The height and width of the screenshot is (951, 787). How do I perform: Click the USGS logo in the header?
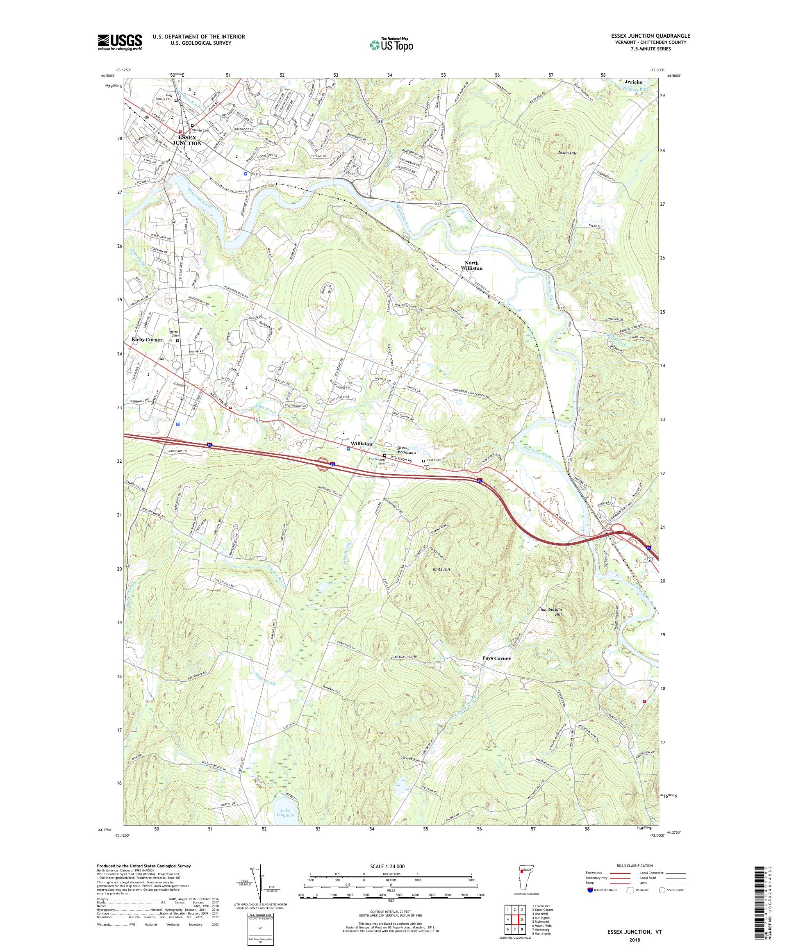[x=120, y=43]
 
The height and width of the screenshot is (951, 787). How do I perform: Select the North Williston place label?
[x=471, y=265]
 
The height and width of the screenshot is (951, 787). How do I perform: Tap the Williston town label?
[x=361, y=444]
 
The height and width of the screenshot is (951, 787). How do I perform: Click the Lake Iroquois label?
[x=287, y=812]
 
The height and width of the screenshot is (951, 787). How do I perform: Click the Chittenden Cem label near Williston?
[x=377, y=461]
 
